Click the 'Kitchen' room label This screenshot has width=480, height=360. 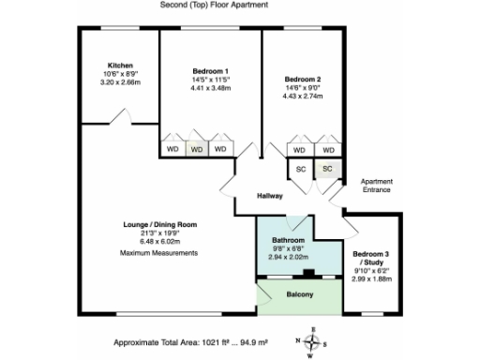tap(119, 65)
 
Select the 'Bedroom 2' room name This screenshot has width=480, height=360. tap(305, 79)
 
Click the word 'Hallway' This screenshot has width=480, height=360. tap(270, 196)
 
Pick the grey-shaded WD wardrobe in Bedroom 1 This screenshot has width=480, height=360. tap(196, 148)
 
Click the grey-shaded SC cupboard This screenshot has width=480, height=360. tap(327, 169)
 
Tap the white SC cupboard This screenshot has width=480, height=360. tap(301, 169)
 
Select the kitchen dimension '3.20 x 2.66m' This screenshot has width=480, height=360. tap(119, 82)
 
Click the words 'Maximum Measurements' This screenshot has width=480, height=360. tap(158, 254)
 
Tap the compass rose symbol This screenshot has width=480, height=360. tap(312, 340)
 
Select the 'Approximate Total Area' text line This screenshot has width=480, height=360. tap(186, 342)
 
